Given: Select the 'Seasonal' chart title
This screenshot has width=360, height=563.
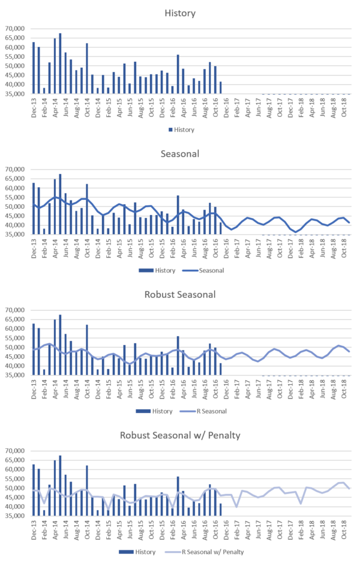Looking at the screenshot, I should click(180, 154).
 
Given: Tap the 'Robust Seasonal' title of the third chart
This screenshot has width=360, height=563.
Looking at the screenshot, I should click(180, 295).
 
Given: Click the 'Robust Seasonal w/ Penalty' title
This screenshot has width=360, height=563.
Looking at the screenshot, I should click(180, 435).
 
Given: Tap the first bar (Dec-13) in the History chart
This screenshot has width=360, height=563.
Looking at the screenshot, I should click(34, 67).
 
